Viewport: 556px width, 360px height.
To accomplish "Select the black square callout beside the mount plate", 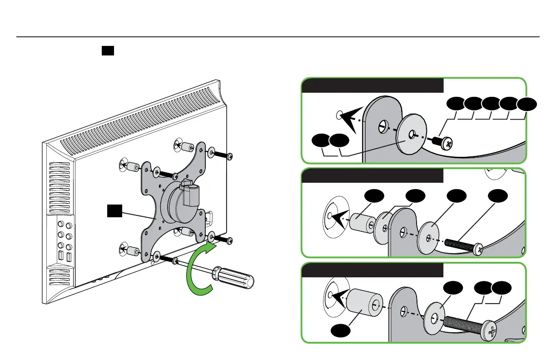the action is pyautogui.click(x=114, y=210).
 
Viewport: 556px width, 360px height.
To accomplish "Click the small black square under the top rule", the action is pyautogui.click(x=107, y=50).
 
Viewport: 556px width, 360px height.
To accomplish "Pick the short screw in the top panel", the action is pyautogui.click(x=446, y=143).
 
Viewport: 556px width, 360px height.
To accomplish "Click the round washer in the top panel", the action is pyautogui.click(x=411, y=135).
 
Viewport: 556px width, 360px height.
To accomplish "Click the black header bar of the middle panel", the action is pyautogui.click(x=372, y=176).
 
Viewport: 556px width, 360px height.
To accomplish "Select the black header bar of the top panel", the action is pyautogui.click(x=372, y=85).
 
